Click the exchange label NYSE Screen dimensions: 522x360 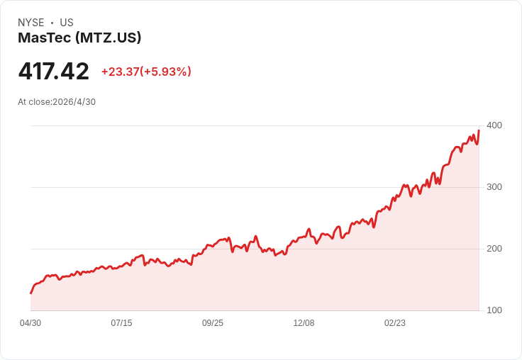(31, 23)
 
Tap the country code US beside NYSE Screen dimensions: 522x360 (67, 23)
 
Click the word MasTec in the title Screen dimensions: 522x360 (45, 38)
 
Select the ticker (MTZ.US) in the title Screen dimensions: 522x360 (109, 38)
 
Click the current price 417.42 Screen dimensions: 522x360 (54, 71)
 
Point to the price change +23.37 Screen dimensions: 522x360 (120, 72)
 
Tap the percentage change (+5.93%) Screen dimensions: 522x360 (166, 72)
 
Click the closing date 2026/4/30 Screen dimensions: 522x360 (74, 102)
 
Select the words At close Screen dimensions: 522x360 (34, 102)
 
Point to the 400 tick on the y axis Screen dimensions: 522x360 (494, 125)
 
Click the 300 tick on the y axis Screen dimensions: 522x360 (494, 187)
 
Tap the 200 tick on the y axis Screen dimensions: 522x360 (494, 249)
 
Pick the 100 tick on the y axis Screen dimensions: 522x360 (494, 310)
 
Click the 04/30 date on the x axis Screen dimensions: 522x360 (30, 323)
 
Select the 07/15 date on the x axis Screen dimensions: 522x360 (121, 323)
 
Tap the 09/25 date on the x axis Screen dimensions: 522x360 (213, 323)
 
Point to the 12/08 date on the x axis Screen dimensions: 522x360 (304, 323)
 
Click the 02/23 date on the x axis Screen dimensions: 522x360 (395, 323)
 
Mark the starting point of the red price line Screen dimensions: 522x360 (31, 293)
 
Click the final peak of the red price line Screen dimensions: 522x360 (479, 130)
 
